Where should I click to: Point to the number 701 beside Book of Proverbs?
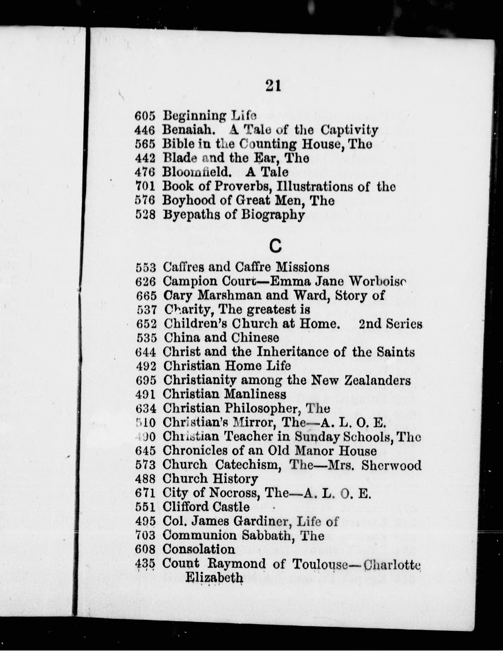point(145,187)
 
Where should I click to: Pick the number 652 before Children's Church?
point(146,324)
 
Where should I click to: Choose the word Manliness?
point(255,395)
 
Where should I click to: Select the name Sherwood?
point(391,465)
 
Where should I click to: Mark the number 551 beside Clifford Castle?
point(146,507)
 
